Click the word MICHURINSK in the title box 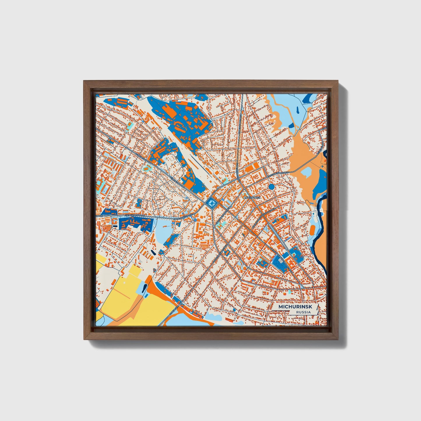coord(295,307)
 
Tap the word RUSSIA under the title coord(303,312)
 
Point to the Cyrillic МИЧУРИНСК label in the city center coord(252,197)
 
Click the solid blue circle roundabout coord(272,186)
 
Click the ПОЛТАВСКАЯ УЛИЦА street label coord(278,173)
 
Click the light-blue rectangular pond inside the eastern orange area coord(306,172)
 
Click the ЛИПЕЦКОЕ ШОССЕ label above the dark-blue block coord(134,215)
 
